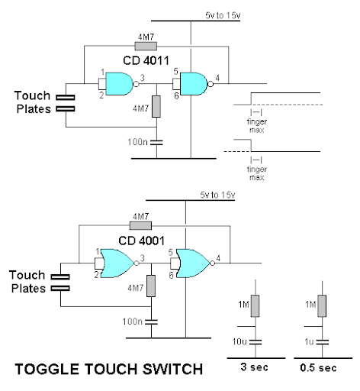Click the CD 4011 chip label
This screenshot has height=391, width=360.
(x=146, y=60)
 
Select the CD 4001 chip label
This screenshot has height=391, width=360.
(x=141, y=241)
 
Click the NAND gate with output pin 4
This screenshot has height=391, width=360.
(x=194, y=84)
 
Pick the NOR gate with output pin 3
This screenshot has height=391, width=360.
(x=117, y=263)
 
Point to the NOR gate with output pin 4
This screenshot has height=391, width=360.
(x=192, y=263)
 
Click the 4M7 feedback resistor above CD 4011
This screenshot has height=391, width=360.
(x=146, y=46)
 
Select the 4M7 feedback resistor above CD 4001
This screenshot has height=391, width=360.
(x=140, y=225)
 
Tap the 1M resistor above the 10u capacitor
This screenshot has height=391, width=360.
(x=256, y=306)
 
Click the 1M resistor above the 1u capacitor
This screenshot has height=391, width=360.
(x=322, y=306)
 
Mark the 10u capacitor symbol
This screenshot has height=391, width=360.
(x=256, y=342)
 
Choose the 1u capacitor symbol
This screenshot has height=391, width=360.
(x=322, y=342)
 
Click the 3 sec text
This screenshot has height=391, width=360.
(x=255, y=367)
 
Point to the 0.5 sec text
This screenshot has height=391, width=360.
(x=318, y=367)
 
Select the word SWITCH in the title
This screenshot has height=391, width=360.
(x=172, y=369)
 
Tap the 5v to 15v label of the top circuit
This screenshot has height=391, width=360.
(x=223, y=15)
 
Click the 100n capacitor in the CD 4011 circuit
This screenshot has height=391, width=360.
(x=156, y=142)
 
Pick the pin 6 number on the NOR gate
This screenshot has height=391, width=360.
(x=171, y=275)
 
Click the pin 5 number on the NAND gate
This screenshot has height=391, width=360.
(x=175, y=72)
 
